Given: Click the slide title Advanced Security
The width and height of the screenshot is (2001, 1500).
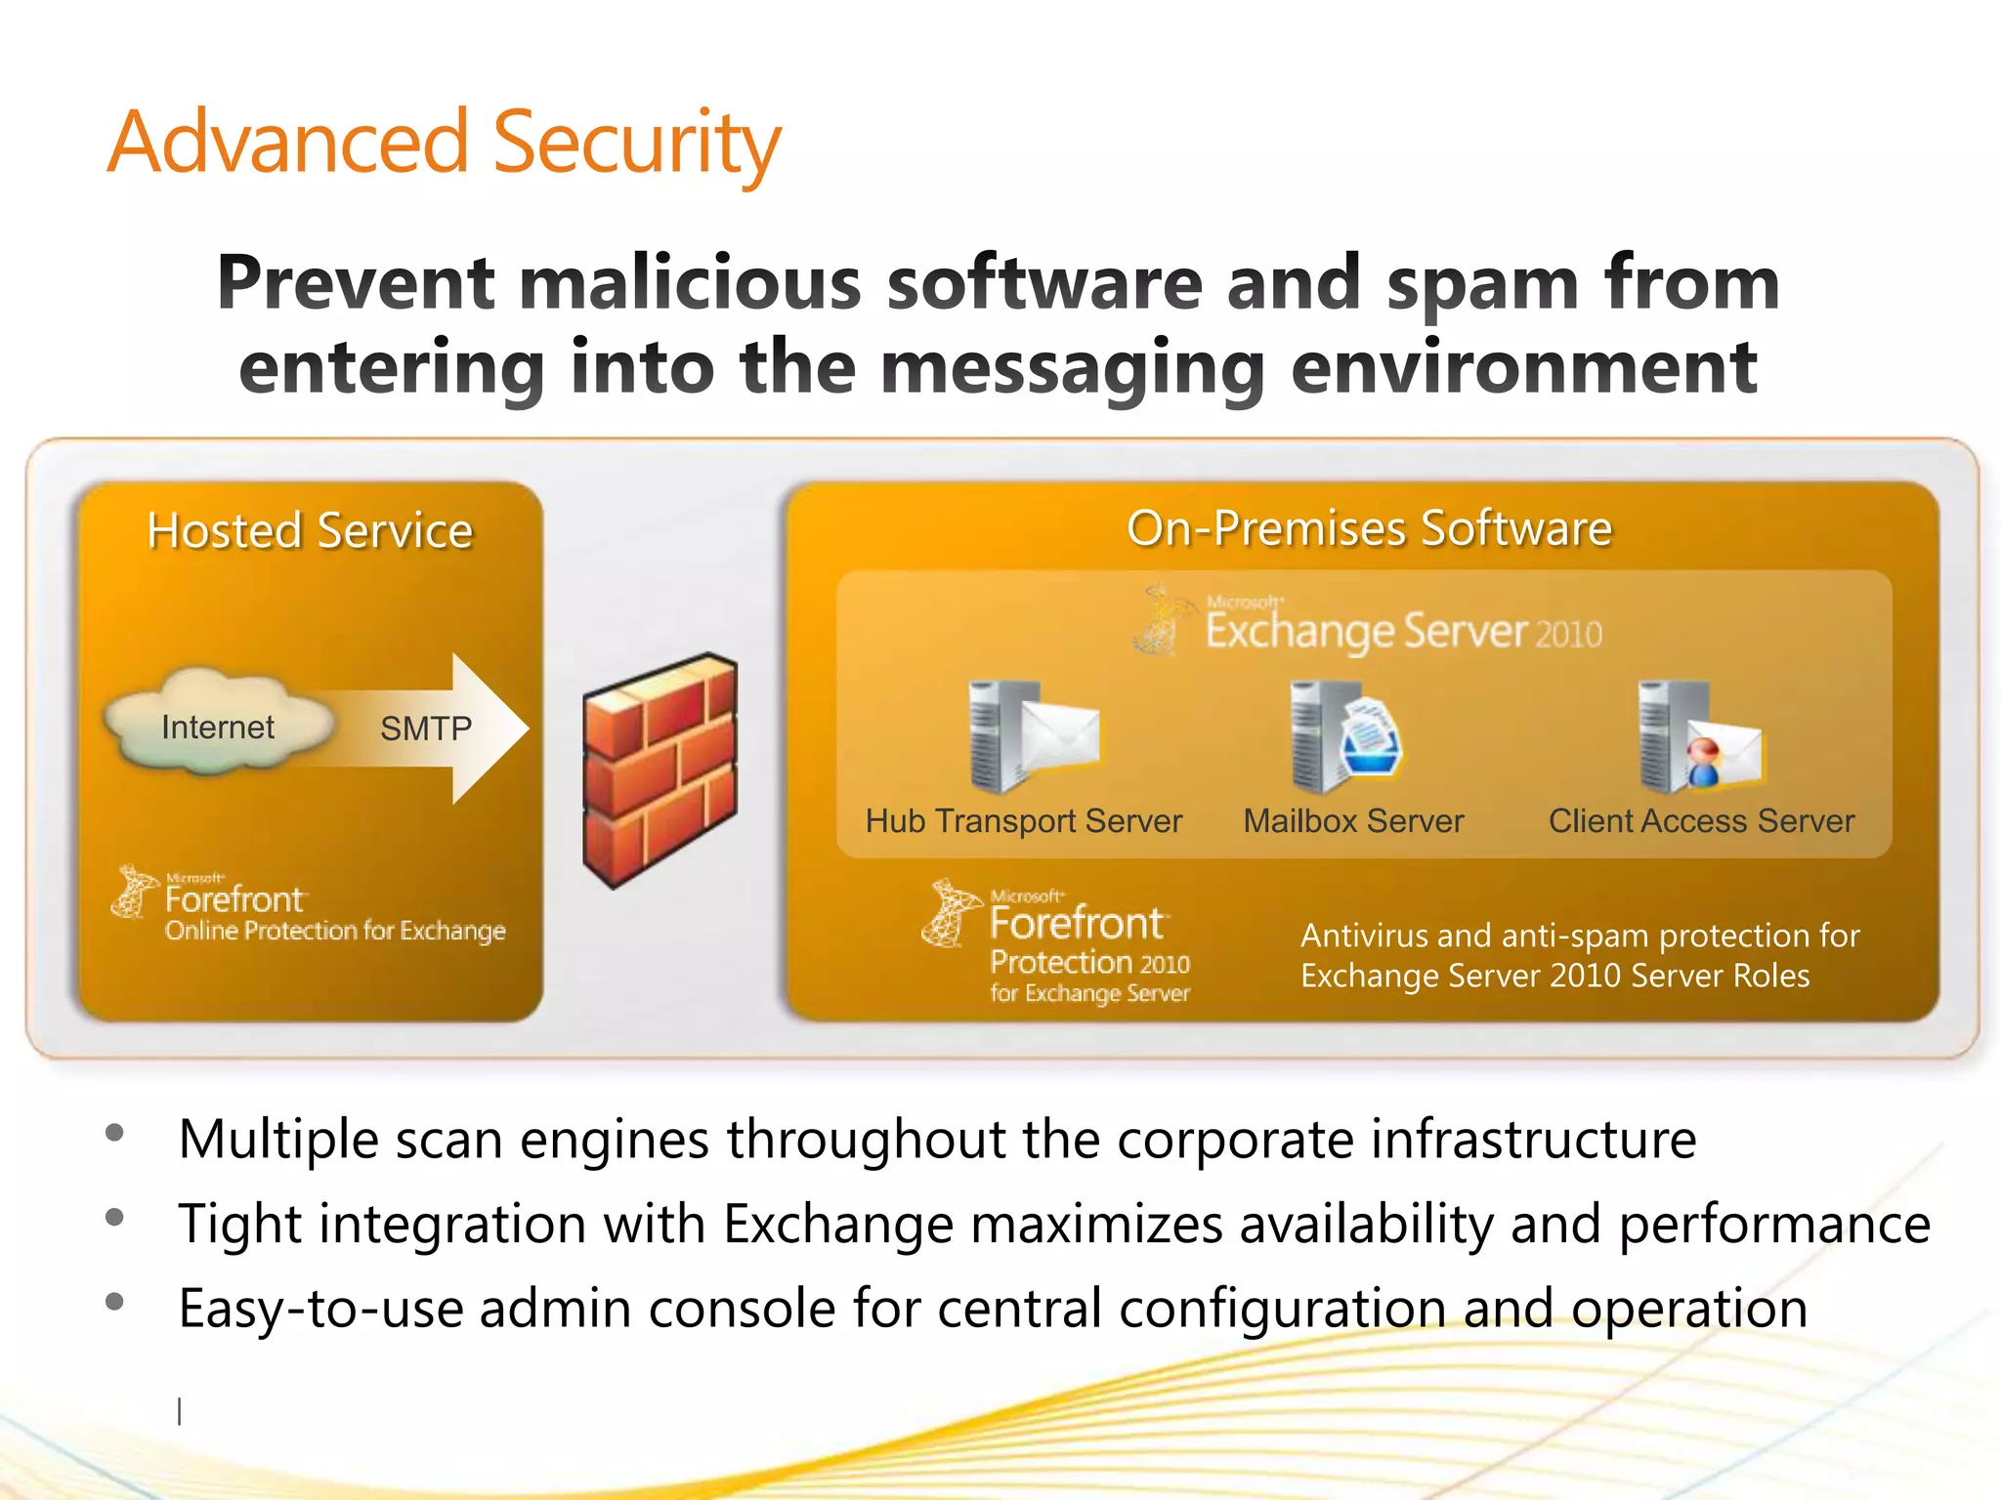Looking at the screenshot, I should [x=445, y=144].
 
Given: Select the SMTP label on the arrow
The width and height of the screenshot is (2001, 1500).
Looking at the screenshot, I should [x=426, y=729].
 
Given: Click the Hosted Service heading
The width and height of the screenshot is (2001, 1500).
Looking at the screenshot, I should [x=310, y=531].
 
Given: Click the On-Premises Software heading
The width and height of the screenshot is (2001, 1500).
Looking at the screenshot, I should [x=1369, y=528].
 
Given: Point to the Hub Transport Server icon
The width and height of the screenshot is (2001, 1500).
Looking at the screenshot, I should [x=1032, y=737].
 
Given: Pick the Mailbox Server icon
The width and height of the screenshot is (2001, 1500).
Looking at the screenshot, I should [x=1344, y=737].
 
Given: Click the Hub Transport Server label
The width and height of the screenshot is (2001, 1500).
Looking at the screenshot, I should [x=1023, y=821].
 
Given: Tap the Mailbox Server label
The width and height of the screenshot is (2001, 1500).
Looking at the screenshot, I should [x=1353, y=821].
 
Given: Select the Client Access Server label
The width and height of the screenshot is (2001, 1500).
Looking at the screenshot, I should [x=1701, y=821].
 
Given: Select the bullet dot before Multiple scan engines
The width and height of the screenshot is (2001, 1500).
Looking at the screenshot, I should [x=115, y=1133].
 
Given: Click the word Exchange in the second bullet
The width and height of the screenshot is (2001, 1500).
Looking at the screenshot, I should [x=838, y=1224].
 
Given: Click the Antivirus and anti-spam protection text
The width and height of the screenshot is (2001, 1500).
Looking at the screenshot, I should [x=1578, y=955].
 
